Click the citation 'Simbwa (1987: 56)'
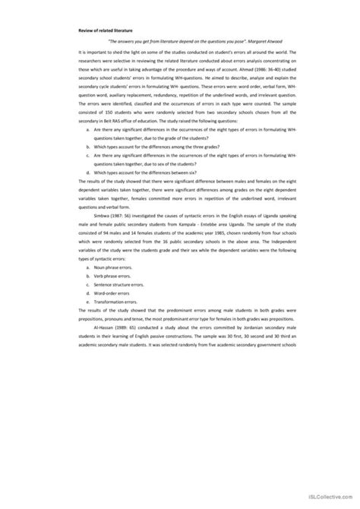click(x=117, y=259)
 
